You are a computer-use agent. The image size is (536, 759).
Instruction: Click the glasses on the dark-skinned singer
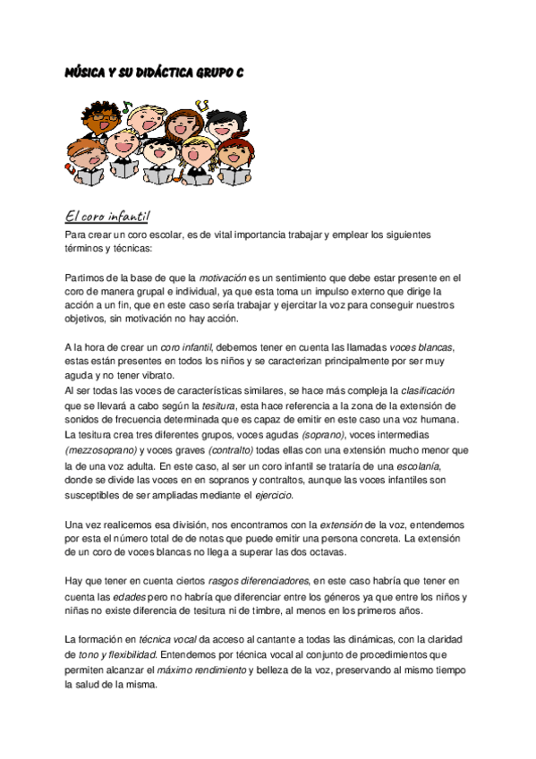(x=104, y=118)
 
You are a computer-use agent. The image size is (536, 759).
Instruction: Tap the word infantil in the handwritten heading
(x=130, y=217)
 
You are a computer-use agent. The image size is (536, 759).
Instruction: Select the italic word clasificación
(x=429, y=390)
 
